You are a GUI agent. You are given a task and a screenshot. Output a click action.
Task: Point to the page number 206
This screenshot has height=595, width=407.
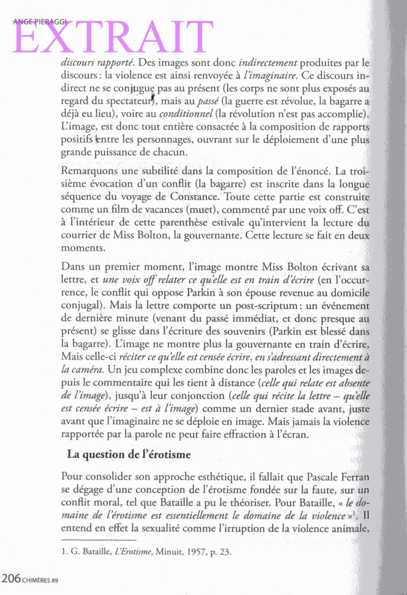pos(11,578)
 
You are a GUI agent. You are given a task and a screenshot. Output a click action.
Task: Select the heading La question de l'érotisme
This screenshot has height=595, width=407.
pos(129,454)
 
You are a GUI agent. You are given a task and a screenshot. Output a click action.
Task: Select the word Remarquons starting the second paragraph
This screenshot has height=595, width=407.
pos(90,171)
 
